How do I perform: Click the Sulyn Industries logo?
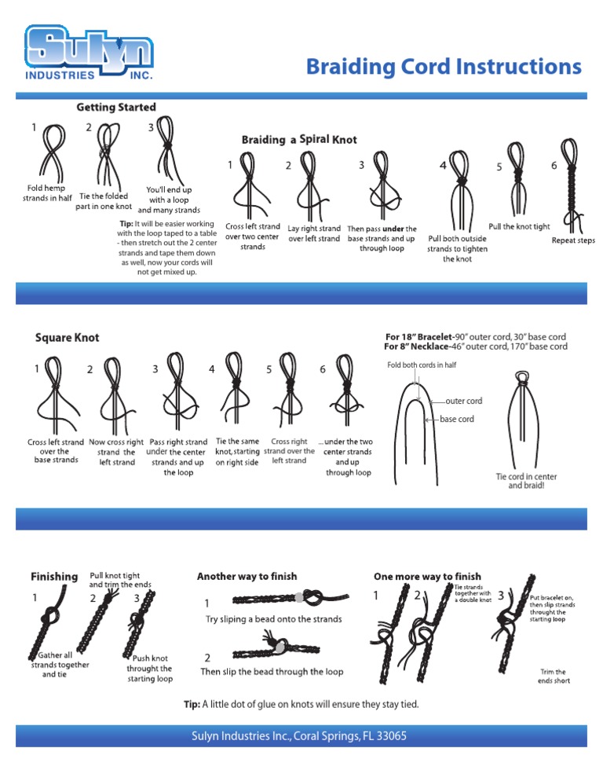[88, 53]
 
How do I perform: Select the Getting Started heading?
[115, 107]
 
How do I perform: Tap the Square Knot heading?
[68, 338]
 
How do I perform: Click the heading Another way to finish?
[247, 576]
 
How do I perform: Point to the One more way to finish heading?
[427, 576]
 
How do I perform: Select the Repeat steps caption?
[573, 240]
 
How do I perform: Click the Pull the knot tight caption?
[519, 226]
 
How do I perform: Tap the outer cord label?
[463, 401]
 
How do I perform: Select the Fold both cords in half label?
[422, 365]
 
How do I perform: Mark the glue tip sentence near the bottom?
[301, 704]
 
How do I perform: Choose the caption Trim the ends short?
[555, 676]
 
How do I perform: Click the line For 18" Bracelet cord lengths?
[475, 336]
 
